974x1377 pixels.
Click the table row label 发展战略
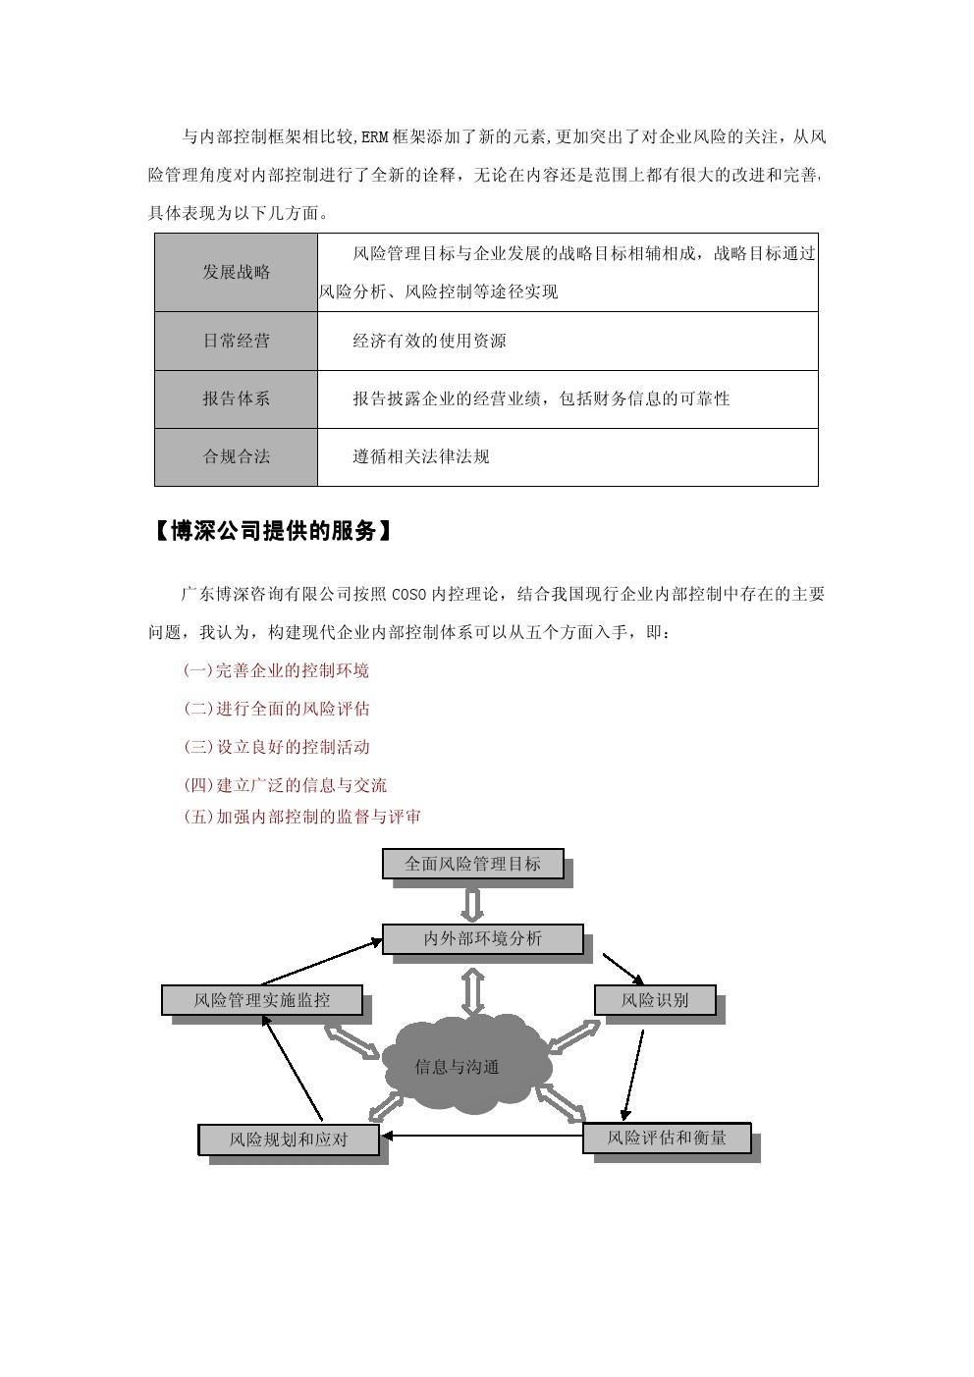(236, 272)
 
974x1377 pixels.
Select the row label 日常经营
(236, 341)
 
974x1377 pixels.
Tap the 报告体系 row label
(236, 398)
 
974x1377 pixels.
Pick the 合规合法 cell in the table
(236, 456)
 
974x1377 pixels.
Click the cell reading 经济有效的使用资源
(429, 341)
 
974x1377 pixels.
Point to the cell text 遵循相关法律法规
(420, 456)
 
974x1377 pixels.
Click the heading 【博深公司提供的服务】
(274, 531)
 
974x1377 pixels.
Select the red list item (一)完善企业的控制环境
(276, 670)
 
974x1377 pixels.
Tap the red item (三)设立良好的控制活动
(276, 747)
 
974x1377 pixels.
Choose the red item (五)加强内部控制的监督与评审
(301, 817)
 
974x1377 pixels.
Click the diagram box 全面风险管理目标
(472, 864)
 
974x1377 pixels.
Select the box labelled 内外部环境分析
(482, 938)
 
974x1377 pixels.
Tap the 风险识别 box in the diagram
(655, 1000)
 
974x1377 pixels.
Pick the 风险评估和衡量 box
(667, 1138)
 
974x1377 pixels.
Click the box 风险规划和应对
(289, 1139)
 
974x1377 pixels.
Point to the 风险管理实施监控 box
(261, 1000)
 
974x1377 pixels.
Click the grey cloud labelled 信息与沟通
(458, 1067)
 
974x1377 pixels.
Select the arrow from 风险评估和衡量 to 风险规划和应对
(481, 1137)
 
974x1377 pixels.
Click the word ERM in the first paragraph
(375, 137)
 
